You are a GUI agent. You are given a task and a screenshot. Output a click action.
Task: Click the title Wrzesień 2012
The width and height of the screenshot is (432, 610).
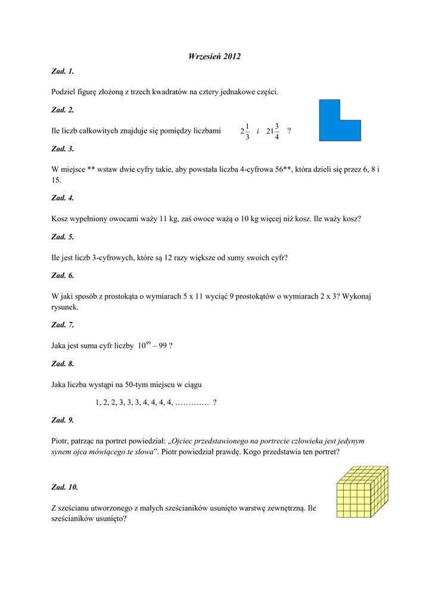click(x=215, y=57)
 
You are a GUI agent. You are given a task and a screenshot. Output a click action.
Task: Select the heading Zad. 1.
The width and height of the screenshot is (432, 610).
click(x=63, y=72)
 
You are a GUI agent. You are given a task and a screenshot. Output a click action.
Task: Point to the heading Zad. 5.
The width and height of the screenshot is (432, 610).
click(x=63, y=237)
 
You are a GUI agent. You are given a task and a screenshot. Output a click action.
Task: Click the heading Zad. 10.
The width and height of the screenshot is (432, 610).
click(x=65, y=487)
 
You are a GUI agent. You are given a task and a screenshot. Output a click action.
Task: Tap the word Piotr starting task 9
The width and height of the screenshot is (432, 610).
click(x=61, y=441)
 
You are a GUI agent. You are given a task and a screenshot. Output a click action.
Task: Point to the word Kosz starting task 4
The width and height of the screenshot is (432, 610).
click(x=61, y=219)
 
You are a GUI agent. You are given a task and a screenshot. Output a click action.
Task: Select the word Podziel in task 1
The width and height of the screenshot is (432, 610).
click(x=66, y=92)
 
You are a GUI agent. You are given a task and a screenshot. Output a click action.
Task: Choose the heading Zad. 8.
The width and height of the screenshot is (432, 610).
click(x=63, y=364)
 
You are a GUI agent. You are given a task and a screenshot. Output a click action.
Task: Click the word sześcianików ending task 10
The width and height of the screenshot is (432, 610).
click(x=72, y=519)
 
